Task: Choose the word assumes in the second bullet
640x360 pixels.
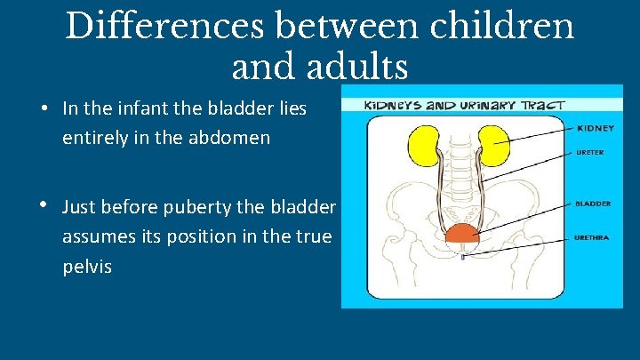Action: [98, 236]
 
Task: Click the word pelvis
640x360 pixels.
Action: [87, 266]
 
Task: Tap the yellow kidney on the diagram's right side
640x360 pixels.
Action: [492, 145]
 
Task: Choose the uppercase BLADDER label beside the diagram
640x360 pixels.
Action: [592, 204]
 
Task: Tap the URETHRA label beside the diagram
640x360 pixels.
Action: [592, 237]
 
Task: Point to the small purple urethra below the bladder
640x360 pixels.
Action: [462, 257]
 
